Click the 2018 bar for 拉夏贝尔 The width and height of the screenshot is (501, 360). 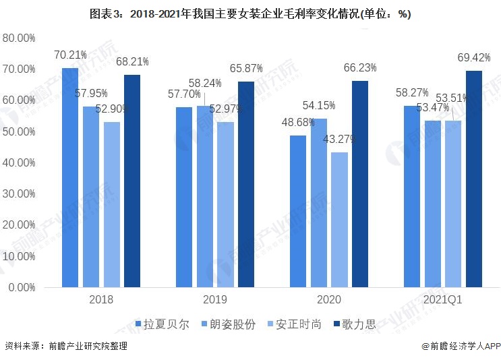pyautogui.click(x=70, y=177)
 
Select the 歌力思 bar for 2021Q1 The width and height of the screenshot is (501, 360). pyautogui.click(x=474, y=179)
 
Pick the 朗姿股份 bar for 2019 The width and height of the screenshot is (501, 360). pyautogui.click(x=205, y=196)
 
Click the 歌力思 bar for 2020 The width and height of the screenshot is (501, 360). pyautogui.click(x=360, y=184)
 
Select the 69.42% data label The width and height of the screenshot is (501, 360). pyautogui.click(x=475, y=57)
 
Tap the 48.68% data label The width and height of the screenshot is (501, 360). pyautogui.click(x=298, y=121)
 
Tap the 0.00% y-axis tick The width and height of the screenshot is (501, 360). pyautogui.click(x=21, y=287)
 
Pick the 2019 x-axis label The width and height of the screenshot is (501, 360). pyautogui.click(x=214, y=299)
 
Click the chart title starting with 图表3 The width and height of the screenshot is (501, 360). pyautogui.click(x=250, y=14)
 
